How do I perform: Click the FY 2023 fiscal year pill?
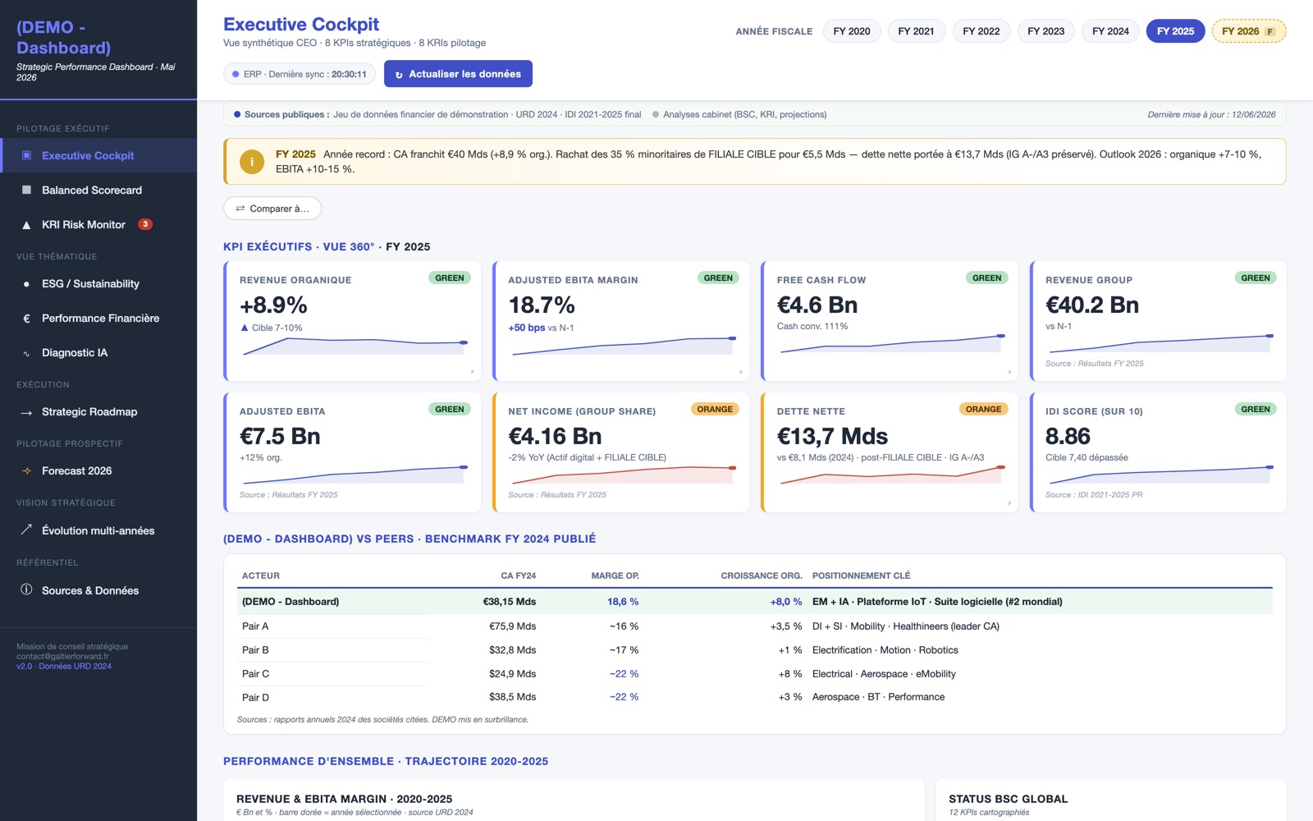point(1045,31)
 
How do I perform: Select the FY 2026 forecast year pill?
point(1248,31)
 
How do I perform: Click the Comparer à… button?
point(272,209)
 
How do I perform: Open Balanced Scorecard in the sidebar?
point(91,190)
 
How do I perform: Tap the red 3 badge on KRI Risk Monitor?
point(144,224)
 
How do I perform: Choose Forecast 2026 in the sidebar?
point(76,471)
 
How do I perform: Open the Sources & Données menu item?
point(90,590)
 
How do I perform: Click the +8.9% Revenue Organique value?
point(273,305)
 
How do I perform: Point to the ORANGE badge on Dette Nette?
point(983,410)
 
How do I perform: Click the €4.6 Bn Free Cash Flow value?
point(817,305)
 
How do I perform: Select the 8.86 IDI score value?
point(1068,436)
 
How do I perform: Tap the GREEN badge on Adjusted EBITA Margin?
point(717,278)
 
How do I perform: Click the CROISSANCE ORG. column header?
point(762,576)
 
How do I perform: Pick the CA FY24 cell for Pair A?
point(512,626)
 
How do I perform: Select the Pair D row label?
point(255,697)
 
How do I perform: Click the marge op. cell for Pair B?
point(624,649)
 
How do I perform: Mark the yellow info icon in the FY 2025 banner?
point(252,161)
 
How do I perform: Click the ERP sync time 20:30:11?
point(349,74)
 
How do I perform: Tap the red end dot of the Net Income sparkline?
point(732,468)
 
